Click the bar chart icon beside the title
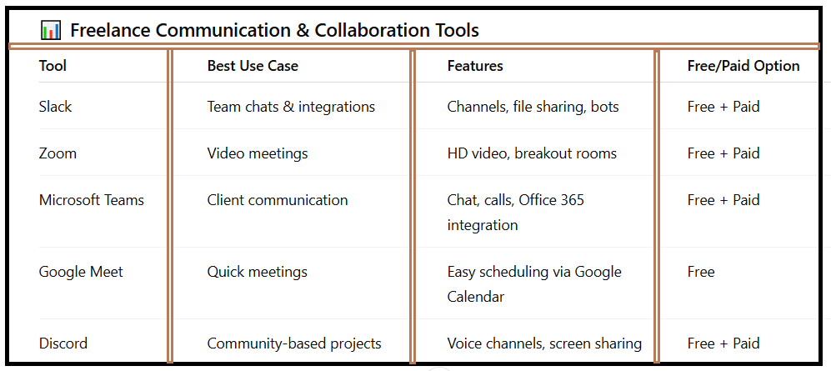(51, 30)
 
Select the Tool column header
(53, 66)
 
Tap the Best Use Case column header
(253, 66)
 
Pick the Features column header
(475, 66)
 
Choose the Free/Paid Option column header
(743, 66)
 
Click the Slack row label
(55, 107)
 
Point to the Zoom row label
(58, 153)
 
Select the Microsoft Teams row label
(92, 200)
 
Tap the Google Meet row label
(81, 272)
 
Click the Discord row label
(63, 343)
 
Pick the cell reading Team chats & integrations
(291, 107)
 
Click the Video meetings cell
(258, 153)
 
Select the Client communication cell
(278, 200)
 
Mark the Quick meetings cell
(258, 272)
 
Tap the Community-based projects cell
(294, 343)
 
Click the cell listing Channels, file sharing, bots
(533, 107)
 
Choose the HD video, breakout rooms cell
(532, 153)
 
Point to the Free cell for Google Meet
(701, 272)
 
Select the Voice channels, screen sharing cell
(545, 343)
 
